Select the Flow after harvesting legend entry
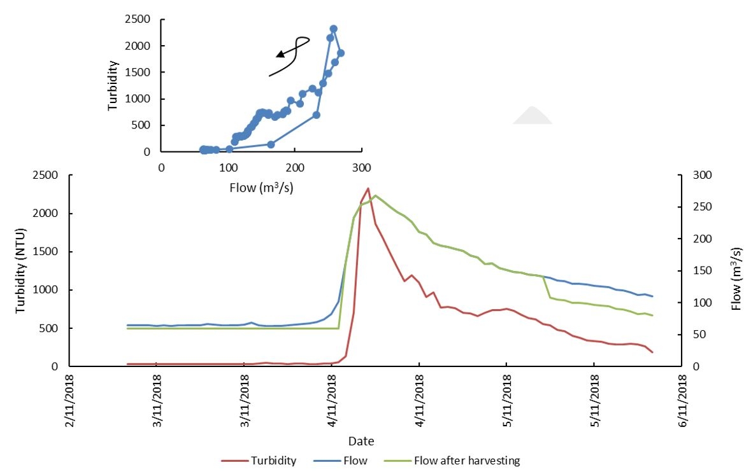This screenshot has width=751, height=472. coord(466,461)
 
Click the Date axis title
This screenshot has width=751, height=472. coord(361,441)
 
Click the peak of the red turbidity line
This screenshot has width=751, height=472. coord(368,188)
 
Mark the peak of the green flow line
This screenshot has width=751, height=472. coord(375,195)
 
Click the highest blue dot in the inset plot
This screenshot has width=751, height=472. coord(333,29)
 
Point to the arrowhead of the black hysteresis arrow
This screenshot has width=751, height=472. coord(279,56)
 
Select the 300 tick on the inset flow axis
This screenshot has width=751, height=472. coord(362,167)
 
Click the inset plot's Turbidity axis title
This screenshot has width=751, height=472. coord(113,85)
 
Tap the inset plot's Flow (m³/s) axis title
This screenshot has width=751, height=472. coord(262,188)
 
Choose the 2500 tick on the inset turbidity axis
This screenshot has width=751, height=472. coord(138,20)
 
